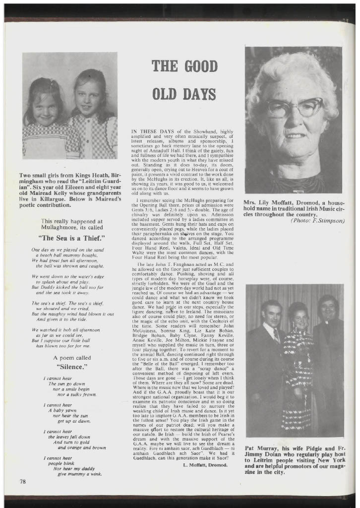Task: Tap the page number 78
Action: (23, 481)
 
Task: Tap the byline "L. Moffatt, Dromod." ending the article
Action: (205, 465)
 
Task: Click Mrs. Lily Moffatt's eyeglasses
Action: (294, 107)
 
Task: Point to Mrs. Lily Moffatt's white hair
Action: (293, 69)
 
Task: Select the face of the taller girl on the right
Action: (89, 99)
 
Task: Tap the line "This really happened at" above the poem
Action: (67, 221)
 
